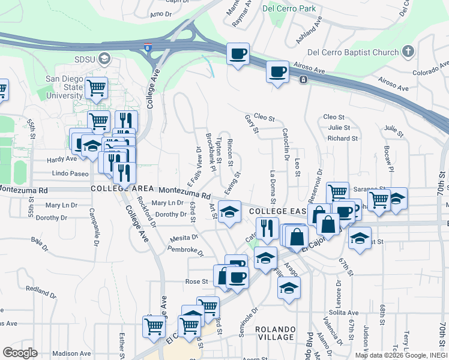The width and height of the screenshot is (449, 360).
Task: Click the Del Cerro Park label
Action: coord(289,9)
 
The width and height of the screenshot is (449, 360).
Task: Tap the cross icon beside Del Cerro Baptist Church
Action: coord(408,52)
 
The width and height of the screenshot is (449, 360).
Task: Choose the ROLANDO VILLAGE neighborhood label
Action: coord(276,334)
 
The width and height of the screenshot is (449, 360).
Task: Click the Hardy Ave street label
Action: coord(62,159)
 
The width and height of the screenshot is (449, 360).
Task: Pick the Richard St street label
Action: coord(342,139)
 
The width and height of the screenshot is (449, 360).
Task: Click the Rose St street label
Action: coord(196,281)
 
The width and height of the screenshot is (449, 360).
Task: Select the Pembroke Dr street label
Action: coord(179,250)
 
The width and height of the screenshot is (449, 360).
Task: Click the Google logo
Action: coord(20,353)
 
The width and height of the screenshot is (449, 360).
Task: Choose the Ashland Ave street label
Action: coord(310,30)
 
